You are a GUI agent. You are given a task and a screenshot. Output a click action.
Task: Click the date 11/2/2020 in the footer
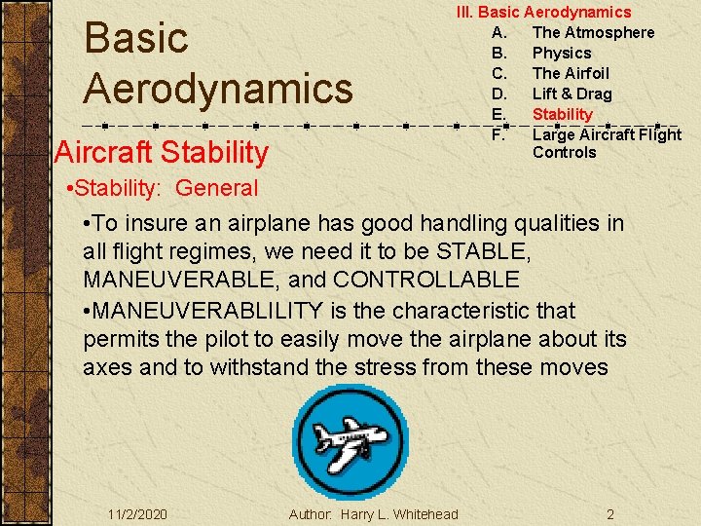138,514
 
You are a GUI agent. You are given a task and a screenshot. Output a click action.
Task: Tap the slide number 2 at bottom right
609,514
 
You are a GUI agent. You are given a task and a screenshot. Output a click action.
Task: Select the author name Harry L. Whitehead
399,514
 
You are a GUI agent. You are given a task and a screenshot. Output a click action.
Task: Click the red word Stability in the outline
562,114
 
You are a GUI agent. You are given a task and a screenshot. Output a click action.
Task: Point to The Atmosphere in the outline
593,32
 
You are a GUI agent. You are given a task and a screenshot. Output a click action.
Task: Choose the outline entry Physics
562,53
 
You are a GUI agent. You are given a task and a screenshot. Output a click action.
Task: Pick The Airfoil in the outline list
571,73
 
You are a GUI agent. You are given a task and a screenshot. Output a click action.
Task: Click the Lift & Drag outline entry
572,94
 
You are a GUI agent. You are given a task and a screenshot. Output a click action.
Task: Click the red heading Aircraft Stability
162,152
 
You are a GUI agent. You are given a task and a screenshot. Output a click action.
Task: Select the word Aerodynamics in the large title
218,88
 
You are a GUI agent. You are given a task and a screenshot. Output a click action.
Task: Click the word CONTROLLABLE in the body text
426,281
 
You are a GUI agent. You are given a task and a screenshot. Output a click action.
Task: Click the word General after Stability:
217,188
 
